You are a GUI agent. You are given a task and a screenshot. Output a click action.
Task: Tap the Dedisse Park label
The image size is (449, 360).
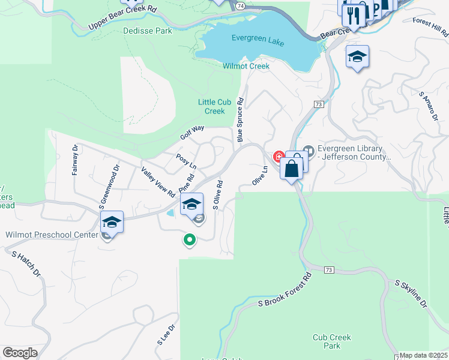[147, 31]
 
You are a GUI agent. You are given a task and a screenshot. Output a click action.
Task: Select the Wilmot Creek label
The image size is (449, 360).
[246, 66]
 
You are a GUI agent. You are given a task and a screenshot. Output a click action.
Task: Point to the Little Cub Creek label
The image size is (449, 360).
[211, 106]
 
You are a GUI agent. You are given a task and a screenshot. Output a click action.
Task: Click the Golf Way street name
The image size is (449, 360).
[193, 133]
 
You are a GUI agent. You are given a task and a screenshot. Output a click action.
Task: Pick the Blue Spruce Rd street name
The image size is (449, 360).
[240, 120]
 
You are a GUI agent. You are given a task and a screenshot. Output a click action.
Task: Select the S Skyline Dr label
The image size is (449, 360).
[410, 293]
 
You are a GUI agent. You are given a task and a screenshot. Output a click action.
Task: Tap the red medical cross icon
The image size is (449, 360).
[279, 157]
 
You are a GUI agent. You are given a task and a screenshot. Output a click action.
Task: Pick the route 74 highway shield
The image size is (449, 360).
[240, 5]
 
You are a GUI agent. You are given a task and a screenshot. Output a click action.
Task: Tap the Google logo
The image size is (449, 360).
[20, 353]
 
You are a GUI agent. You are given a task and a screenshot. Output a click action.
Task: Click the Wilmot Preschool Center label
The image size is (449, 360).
[52, 235]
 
